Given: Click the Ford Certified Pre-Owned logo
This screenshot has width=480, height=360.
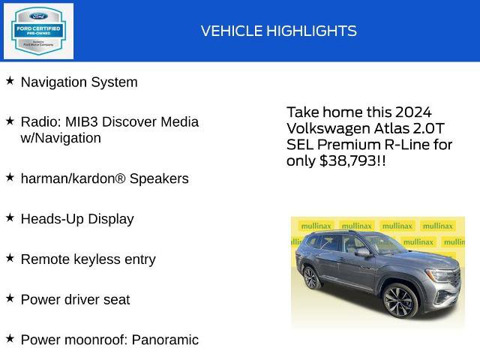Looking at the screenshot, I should click(x=39, y=31).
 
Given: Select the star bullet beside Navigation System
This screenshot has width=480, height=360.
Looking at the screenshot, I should click(x=10, y=80).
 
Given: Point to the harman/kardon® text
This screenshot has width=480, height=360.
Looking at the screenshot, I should click(x=73, y=178).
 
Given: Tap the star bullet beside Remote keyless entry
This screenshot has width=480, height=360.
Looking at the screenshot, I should click(x=10, y=257).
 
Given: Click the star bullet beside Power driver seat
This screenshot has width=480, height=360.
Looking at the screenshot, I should click(x=10, y=298).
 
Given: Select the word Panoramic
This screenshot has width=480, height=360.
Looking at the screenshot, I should click(x=165, y=340).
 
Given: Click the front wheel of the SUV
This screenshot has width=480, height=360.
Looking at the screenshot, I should click(x=400, y=301).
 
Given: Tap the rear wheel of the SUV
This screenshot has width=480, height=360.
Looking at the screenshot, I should click(x=310, y=277).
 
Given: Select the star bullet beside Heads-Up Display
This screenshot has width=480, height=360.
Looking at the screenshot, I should click(x=10, y=217).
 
